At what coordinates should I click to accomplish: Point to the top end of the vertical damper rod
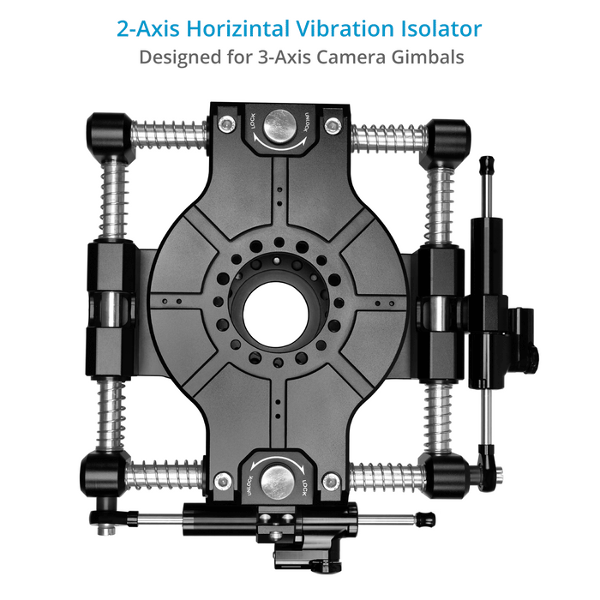[x=486, y=163]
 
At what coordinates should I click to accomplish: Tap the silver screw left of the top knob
[x=225, y=125]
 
